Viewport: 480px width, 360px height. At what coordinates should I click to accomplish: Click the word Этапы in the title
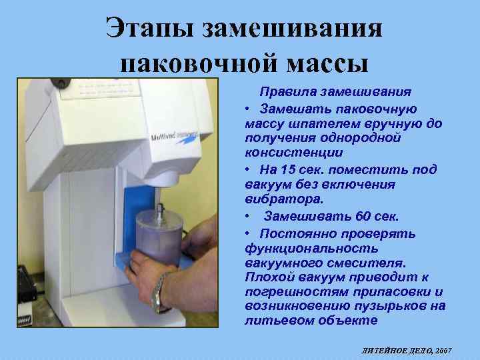click(x=151, y=27)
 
